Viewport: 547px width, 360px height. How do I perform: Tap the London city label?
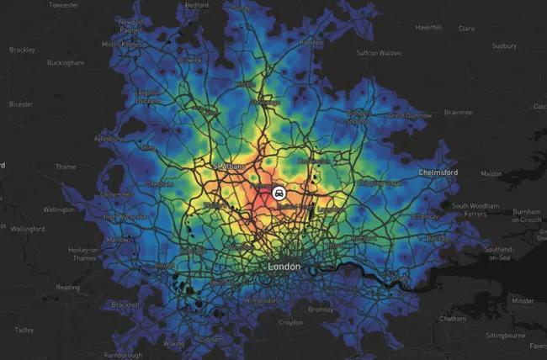coord(284,267)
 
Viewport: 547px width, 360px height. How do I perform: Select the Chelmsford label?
coord(438,172)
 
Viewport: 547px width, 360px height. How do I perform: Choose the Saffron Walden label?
coord(378,52)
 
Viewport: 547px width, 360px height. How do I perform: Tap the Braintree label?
coord(458,111)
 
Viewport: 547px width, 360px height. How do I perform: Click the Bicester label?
coord(18,105)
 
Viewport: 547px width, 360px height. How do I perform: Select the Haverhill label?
coord(428,27)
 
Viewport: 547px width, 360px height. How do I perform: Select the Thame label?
coord(66,167)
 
